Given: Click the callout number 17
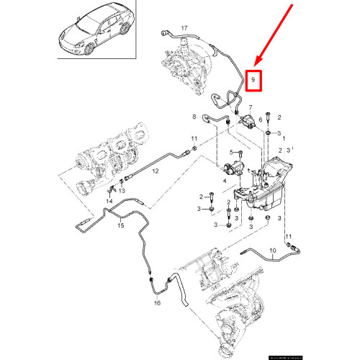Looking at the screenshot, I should [x=184, y=28].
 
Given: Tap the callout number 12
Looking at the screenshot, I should [x=155, y=171].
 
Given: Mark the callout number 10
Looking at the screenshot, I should [x=273, y=253].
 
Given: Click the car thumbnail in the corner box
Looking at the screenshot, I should [x=94, y=29].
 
